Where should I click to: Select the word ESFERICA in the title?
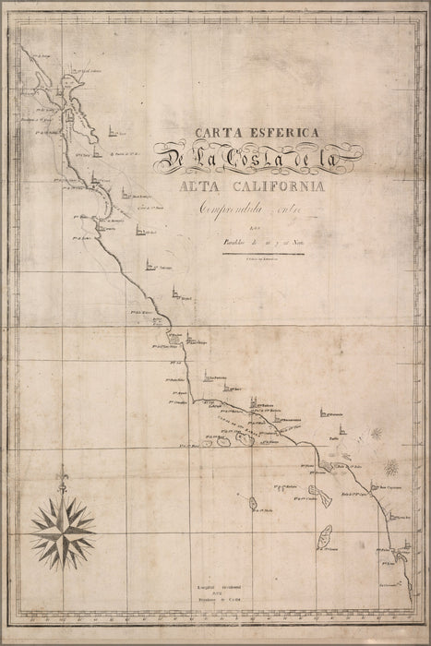pos(274,133)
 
